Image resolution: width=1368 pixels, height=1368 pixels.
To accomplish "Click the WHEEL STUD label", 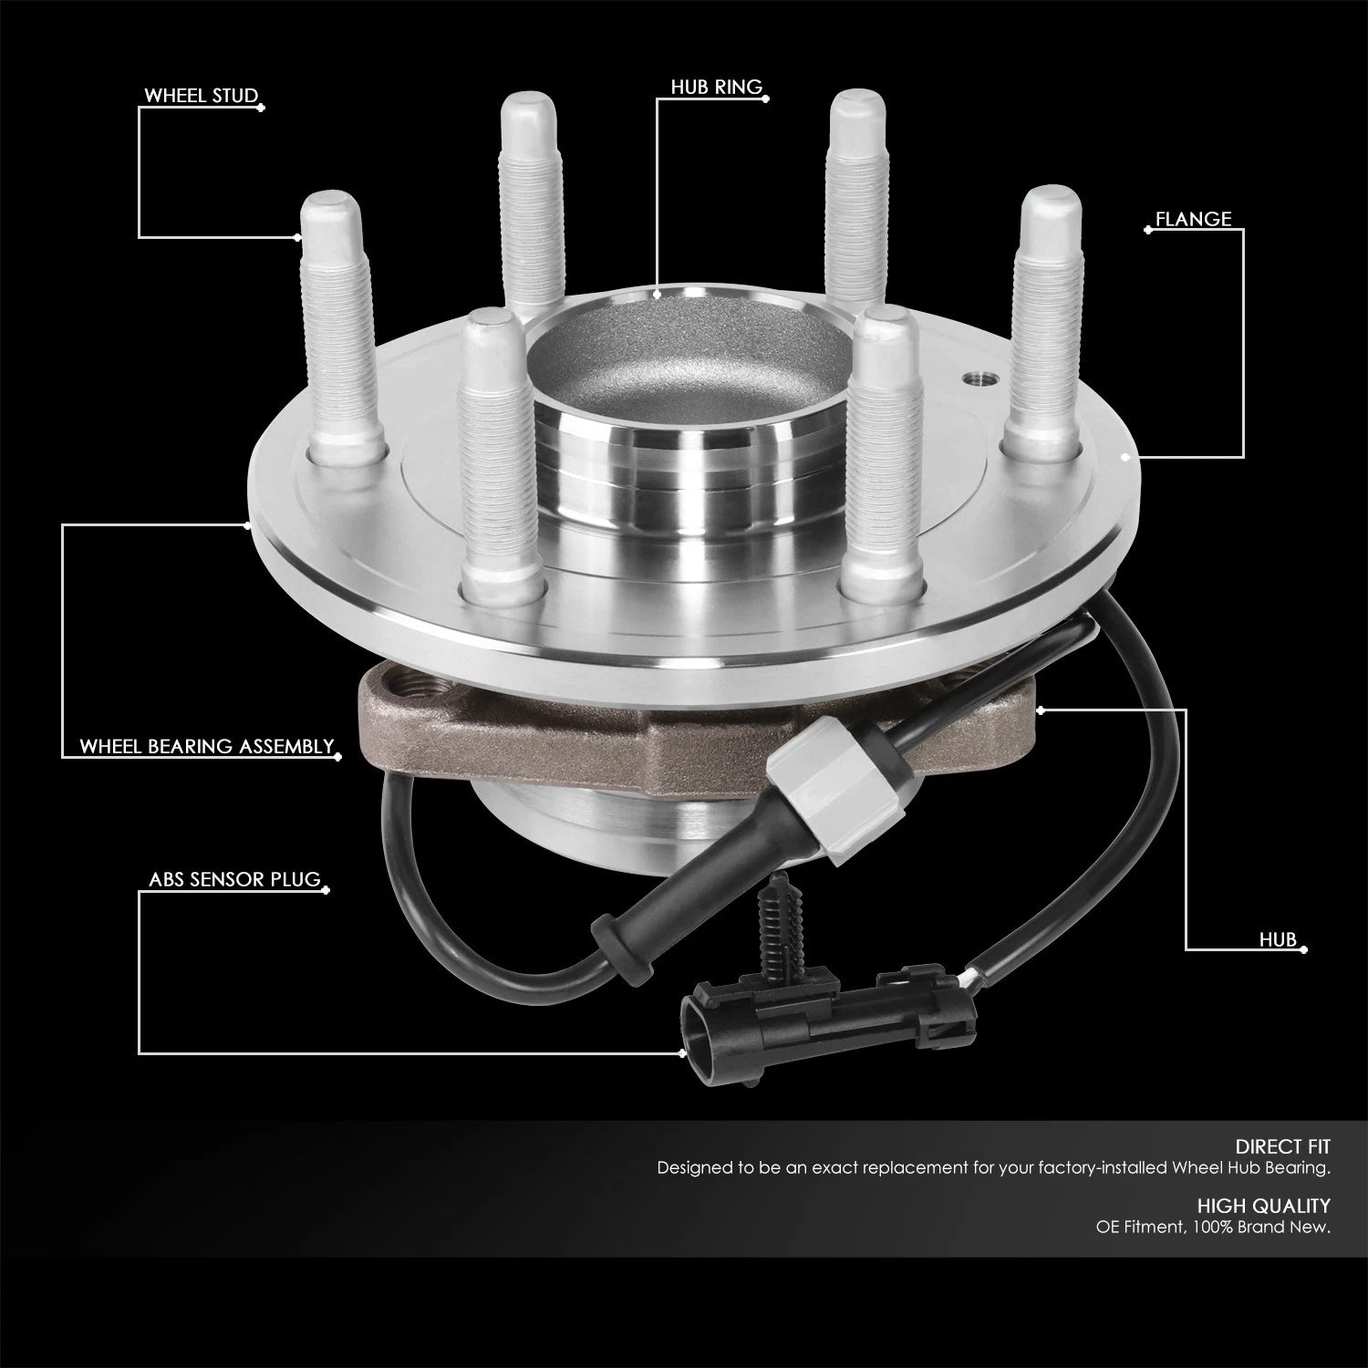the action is [201, 97].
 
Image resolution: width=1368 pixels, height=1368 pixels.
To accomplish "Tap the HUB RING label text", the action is [716, 88].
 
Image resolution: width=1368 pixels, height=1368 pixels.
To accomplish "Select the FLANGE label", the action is [1193, 219].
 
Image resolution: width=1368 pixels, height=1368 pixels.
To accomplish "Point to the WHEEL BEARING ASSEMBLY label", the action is [207, 746].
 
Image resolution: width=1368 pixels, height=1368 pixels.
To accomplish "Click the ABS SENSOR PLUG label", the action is [235, 880].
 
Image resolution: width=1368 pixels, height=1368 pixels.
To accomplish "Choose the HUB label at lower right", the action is [1278, 939].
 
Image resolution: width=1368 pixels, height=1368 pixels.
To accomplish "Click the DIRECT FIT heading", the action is [1282, 1146].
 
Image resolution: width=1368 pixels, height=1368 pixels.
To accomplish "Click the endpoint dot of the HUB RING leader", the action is [658, 294].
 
